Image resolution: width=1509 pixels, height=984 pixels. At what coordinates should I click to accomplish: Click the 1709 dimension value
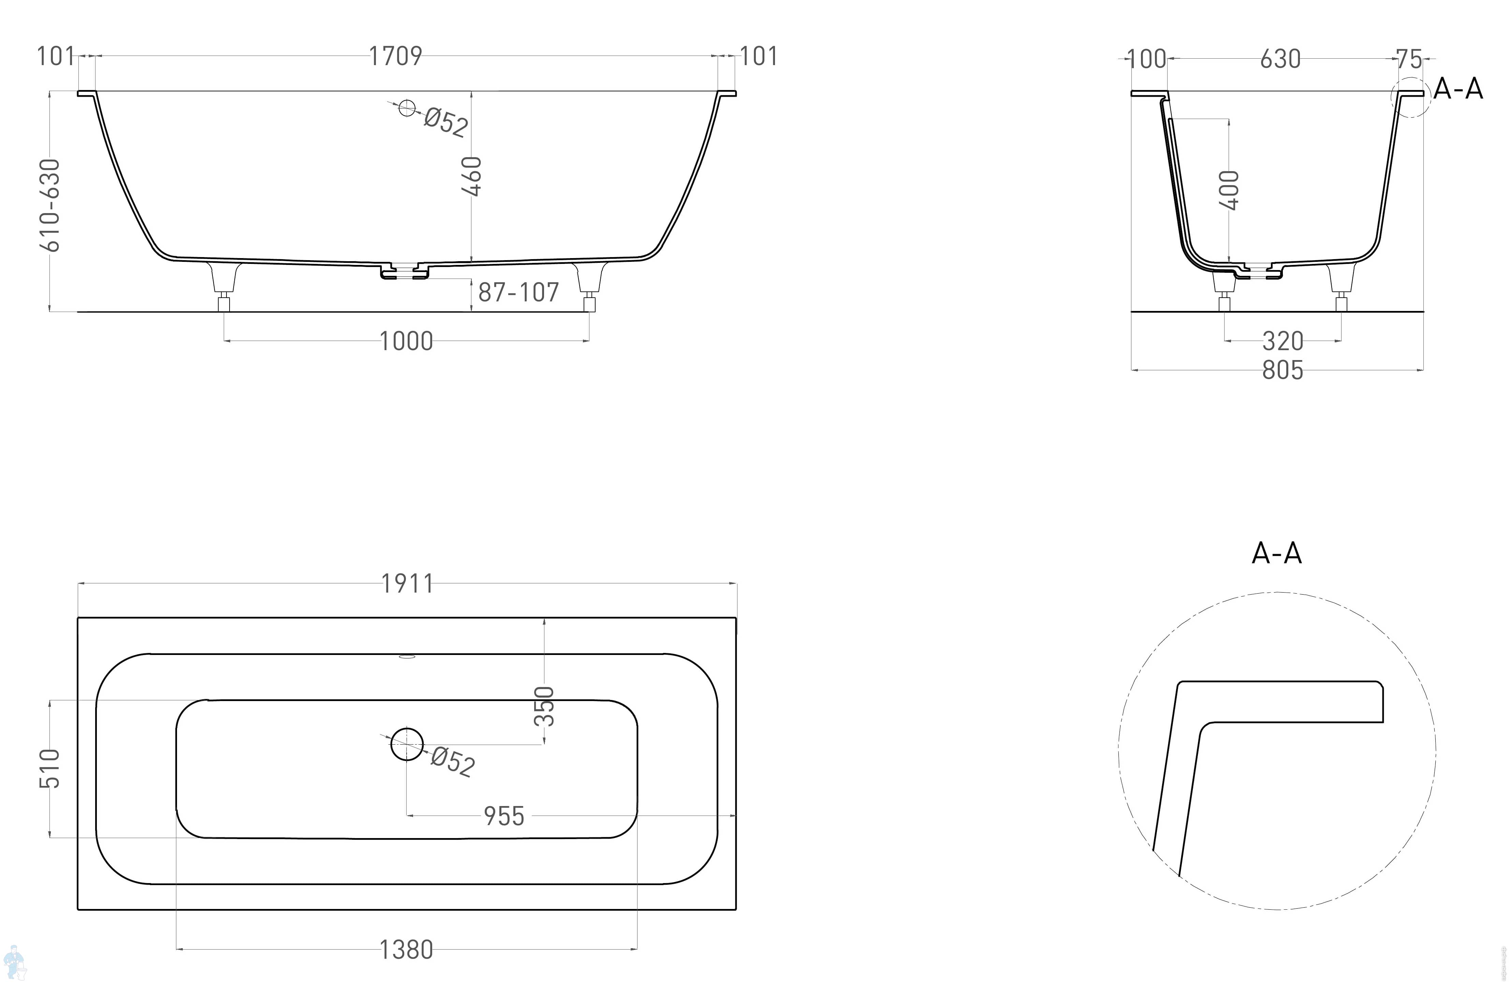coord(396,56)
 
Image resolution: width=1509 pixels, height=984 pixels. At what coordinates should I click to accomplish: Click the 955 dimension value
coord(504,816)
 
